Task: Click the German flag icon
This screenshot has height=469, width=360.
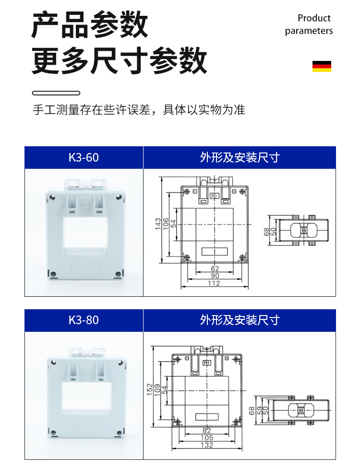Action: (322, 66)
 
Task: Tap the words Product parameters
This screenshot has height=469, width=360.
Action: (309, 24)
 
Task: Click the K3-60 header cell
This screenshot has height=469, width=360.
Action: (84, 158)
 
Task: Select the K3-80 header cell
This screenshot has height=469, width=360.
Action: (84, 320)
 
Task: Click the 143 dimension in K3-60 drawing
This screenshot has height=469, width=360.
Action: (158, 224)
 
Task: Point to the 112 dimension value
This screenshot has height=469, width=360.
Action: (214, 283)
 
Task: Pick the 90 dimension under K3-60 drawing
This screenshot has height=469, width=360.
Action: (215, 276)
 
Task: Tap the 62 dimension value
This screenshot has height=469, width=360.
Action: (215, 269)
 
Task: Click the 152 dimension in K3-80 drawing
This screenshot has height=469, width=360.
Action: (150, 392)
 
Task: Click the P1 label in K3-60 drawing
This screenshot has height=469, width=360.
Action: (215, 196)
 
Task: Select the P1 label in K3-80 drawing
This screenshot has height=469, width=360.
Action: (206, 363)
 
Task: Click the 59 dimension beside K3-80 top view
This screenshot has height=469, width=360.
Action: (259, 411)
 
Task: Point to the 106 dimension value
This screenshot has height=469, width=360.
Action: (166, 224)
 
